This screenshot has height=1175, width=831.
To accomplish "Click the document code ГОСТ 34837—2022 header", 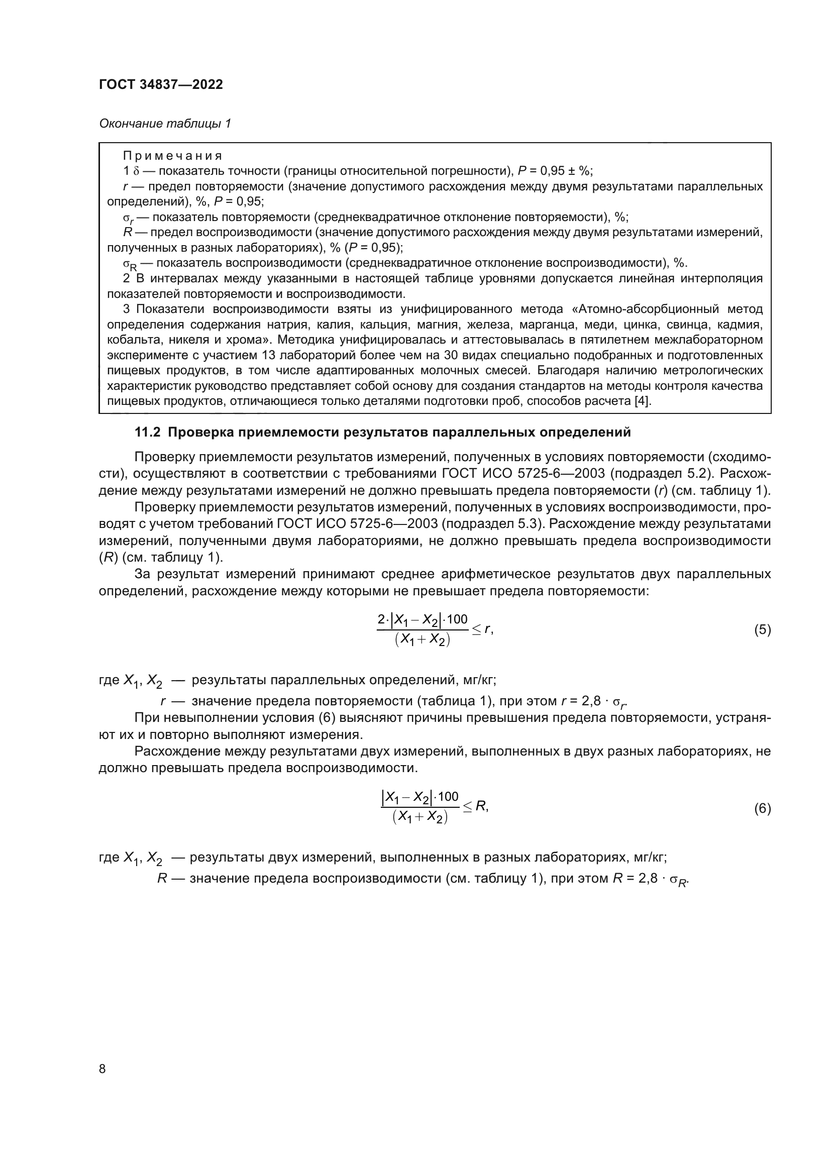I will point(161,84).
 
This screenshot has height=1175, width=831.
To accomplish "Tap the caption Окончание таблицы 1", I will point(165,124).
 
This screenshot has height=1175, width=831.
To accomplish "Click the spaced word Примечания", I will point(172,156).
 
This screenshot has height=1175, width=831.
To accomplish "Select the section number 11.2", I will point(148,433).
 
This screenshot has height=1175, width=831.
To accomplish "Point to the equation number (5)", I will point(762,629).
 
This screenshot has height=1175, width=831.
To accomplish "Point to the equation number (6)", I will point(762,809).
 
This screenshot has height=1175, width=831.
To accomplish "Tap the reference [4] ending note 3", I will point(643,401).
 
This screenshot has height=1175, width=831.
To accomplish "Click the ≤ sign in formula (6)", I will point(467,807).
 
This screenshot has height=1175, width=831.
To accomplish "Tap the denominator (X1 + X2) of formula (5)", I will point(422,640).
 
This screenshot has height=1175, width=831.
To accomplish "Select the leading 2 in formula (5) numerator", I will point(381,620).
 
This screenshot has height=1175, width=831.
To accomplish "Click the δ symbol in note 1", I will point(136,171).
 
